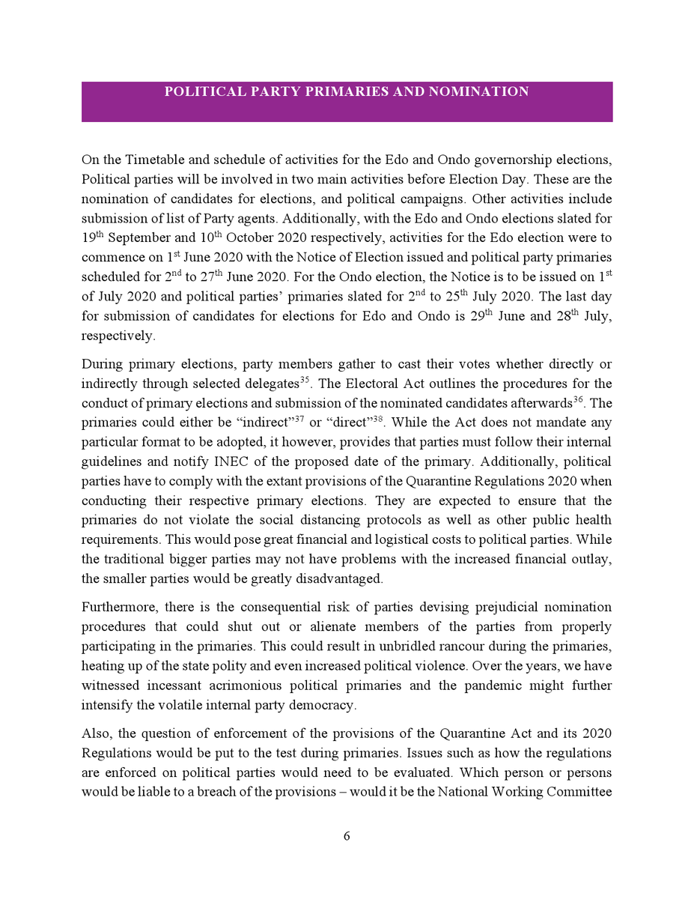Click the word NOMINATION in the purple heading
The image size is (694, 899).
[x=478, y=92]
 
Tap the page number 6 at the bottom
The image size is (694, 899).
[x=347, y=836]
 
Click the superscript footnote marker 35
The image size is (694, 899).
[x=305, y=381]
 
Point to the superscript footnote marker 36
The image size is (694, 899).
[x=578, y=400]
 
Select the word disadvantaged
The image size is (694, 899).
[x=341, y=578]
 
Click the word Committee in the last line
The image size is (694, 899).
[x=581, y=792]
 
